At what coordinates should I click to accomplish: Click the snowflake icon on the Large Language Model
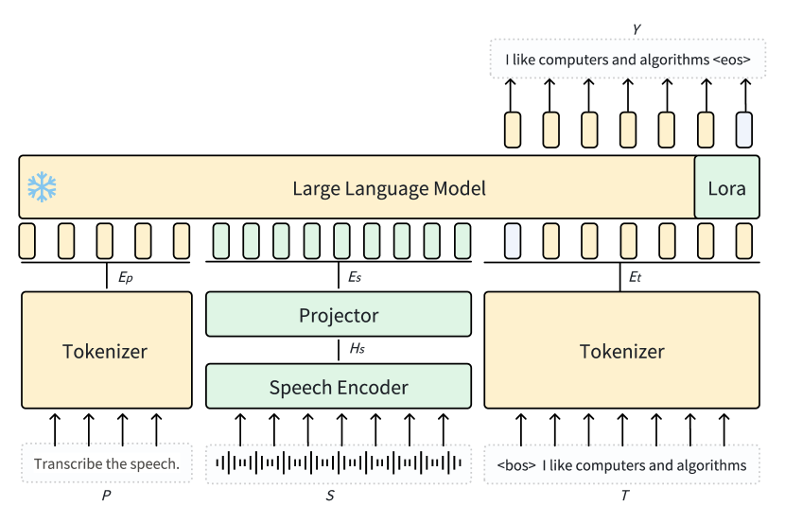[x=42, y=187]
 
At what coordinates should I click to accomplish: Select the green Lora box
[x=726, y=188]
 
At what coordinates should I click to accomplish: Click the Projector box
[x=338, y=315]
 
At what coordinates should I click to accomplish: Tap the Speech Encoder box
[x=338, y=387]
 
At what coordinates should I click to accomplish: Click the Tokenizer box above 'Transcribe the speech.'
[x=105, y=351]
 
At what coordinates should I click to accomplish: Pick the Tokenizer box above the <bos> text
[x=621, y=351]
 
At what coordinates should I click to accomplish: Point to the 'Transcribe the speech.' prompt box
[x=106, y=464]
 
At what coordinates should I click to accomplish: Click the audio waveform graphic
[x=338, y=462]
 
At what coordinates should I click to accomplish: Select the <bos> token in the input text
[x=516, y=465]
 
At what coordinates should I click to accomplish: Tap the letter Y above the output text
[x=637, y=30]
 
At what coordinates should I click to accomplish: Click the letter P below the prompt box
[x=106, y=495]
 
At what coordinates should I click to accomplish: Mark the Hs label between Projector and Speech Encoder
[x=357, y=350]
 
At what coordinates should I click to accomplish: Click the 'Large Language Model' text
[x=389, y=188]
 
